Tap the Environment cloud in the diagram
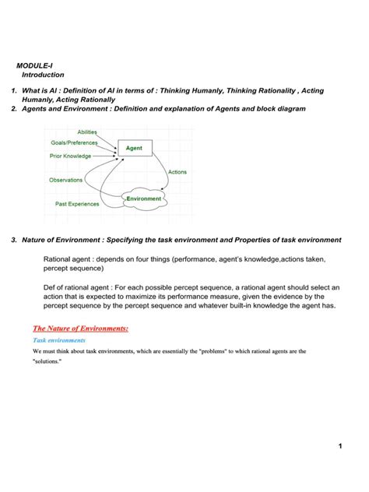(144, 199)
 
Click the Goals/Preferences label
(75, 143)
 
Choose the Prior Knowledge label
(70, 156)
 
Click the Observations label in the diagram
(66, 180)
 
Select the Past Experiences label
(77, 204)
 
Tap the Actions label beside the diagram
(177, 172)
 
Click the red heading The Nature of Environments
(79, 329)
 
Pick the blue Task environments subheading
(59, 341)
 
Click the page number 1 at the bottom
(340, 445)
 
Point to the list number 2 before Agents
(14, 109)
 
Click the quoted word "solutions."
(48, 362)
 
